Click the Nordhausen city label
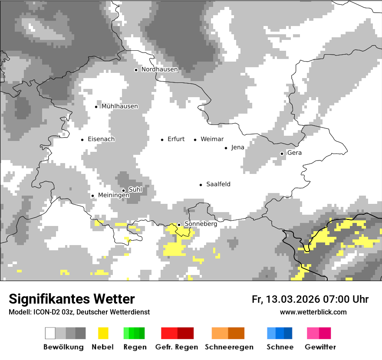pos(159,69)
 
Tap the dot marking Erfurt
pos(162,140)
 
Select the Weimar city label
pos(212,139)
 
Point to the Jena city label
pos(237,147)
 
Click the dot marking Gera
pos(282,154)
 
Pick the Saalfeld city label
pos(218,184)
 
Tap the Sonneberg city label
pos(201,224)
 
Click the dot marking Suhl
pos(123,190)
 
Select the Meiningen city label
pos(113,195)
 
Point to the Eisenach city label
pos(101,139)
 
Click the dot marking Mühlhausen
pos(96,107)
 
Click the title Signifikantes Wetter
pos(72,299)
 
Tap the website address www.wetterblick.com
pos(313,312)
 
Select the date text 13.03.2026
pos(293,299)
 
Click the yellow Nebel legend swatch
pos(103,333)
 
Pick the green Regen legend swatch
pos(134,333)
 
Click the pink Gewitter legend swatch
pos(319,333)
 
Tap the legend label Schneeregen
pos(229,347)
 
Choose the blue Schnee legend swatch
pos(280,333)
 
